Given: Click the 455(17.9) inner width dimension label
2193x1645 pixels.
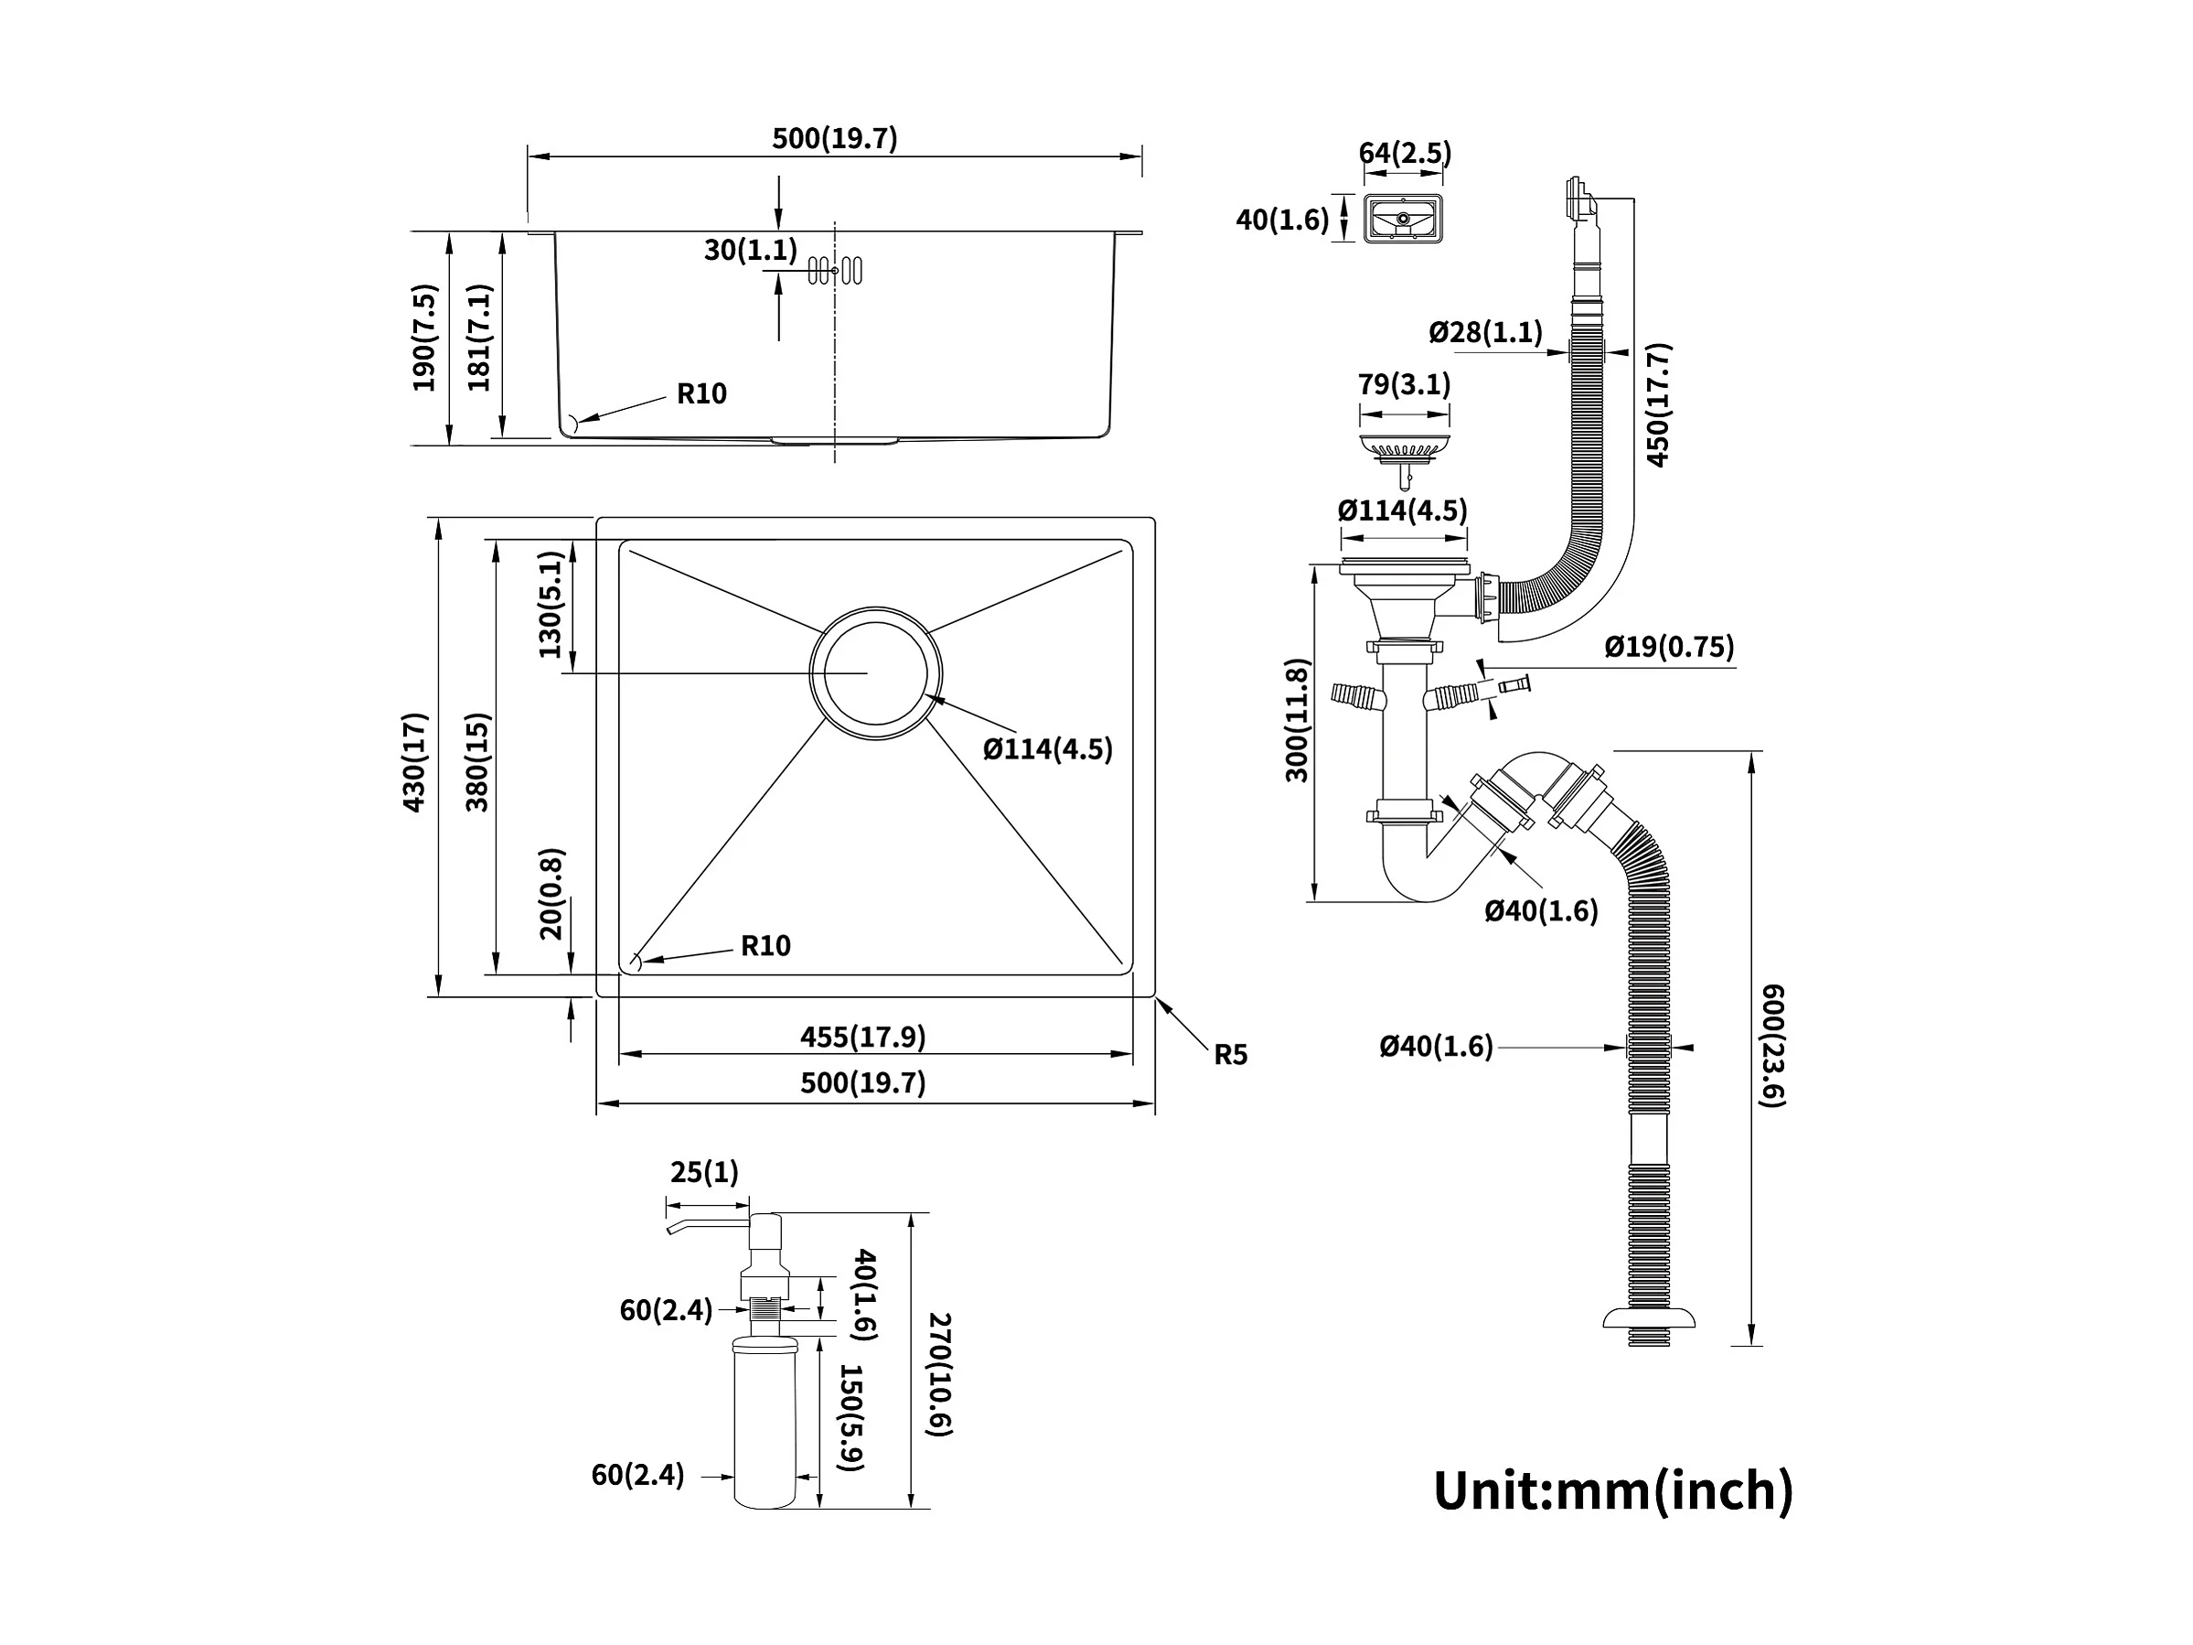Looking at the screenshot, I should [x=862, y=1038].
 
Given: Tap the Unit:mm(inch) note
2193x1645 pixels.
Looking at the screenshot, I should [x=1613, y=1490].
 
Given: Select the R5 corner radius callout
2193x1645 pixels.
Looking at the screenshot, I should [x=1230, y=1055].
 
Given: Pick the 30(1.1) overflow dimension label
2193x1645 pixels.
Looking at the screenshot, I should [x=751, y=250].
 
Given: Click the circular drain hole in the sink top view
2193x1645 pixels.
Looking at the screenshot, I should [x=875, y=673].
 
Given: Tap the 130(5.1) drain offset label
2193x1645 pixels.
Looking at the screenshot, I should [x=550, y=605].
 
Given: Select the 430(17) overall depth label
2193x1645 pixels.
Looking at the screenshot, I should [x=414, y=761].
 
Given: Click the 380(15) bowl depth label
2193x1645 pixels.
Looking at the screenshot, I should [x=478, y=761].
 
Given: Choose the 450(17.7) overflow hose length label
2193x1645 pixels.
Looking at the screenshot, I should [x=1658, y=404].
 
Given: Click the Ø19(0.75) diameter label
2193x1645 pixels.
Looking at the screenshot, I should [x=1670, y=648].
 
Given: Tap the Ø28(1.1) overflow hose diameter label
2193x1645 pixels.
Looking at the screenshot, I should [x=1485, y=331].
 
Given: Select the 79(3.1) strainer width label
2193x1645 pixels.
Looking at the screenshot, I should [x=1404, y=383].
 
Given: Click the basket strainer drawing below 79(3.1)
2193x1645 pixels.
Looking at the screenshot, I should [x=1404, y=451].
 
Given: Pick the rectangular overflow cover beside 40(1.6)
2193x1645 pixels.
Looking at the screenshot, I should [x=1404, y=218].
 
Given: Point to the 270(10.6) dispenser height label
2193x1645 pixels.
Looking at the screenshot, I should [x=938, y=1374].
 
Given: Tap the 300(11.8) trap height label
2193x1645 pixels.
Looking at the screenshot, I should [x=1297, y=720].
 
